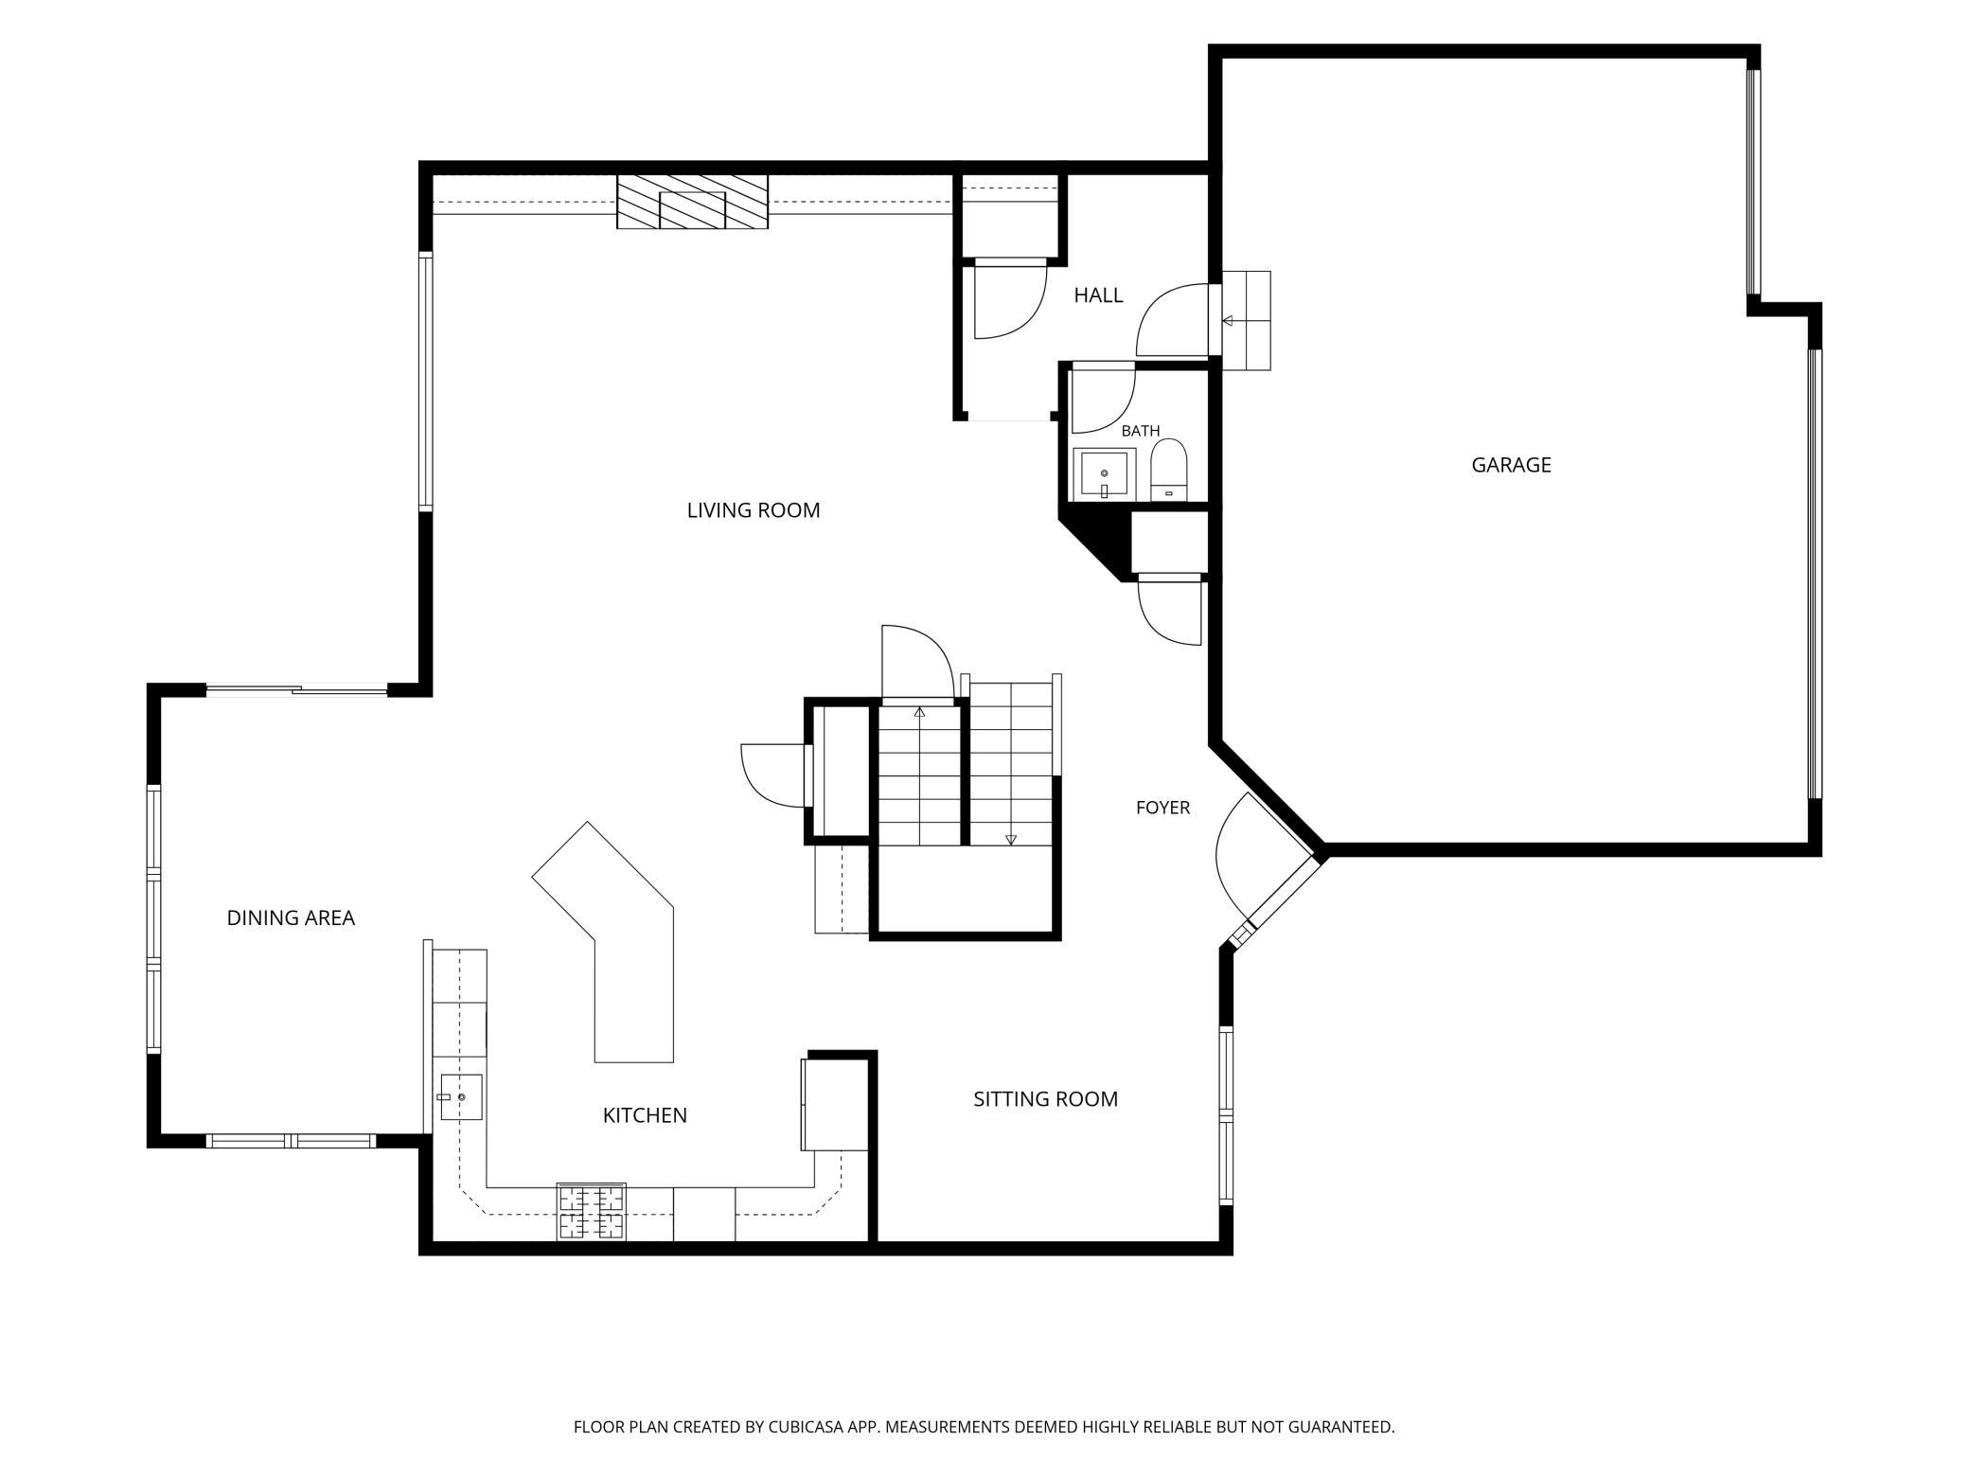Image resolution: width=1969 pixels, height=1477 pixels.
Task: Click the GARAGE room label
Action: tap(1511, 465)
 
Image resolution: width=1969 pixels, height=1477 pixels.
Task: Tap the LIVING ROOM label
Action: tap(754, 510)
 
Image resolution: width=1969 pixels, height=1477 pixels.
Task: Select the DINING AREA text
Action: tap(291, 917)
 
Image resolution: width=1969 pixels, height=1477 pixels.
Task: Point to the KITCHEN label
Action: tap(645, 1115)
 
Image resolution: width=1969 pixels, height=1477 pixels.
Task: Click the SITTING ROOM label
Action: tap(1046, 1099)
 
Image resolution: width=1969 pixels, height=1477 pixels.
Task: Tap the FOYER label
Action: tap(1162, 808)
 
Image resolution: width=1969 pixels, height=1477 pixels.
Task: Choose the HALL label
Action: tap(1098, 295)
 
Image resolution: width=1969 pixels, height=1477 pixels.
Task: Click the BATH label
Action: tap(1141, 431)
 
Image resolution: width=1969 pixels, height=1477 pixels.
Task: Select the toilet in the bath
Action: tap(1169, 470)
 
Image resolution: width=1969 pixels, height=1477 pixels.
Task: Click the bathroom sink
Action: tap(1105, 473)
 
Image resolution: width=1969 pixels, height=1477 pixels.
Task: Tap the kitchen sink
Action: tap(462, 1096)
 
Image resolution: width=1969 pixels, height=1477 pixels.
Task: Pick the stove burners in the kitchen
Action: tap(592, 1212)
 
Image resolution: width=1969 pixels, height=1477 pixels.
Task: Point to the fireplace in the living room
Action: tap(692, 202)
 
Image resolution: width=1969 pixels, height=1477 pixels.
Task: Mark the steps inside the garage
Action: tap(1247, 320)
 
